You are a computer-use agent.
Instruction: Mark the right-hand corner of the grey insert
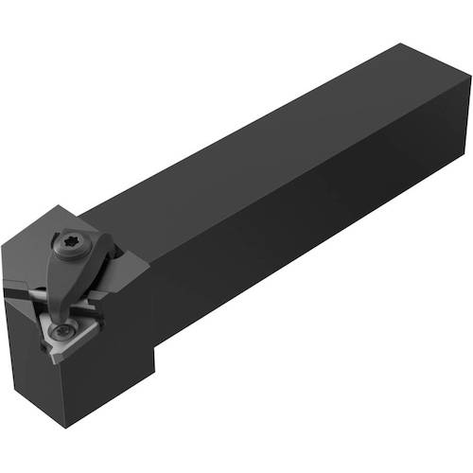click(x=96, y=312)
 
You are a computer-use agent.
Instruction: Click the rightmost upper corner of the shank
click(x=469, y=80)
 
